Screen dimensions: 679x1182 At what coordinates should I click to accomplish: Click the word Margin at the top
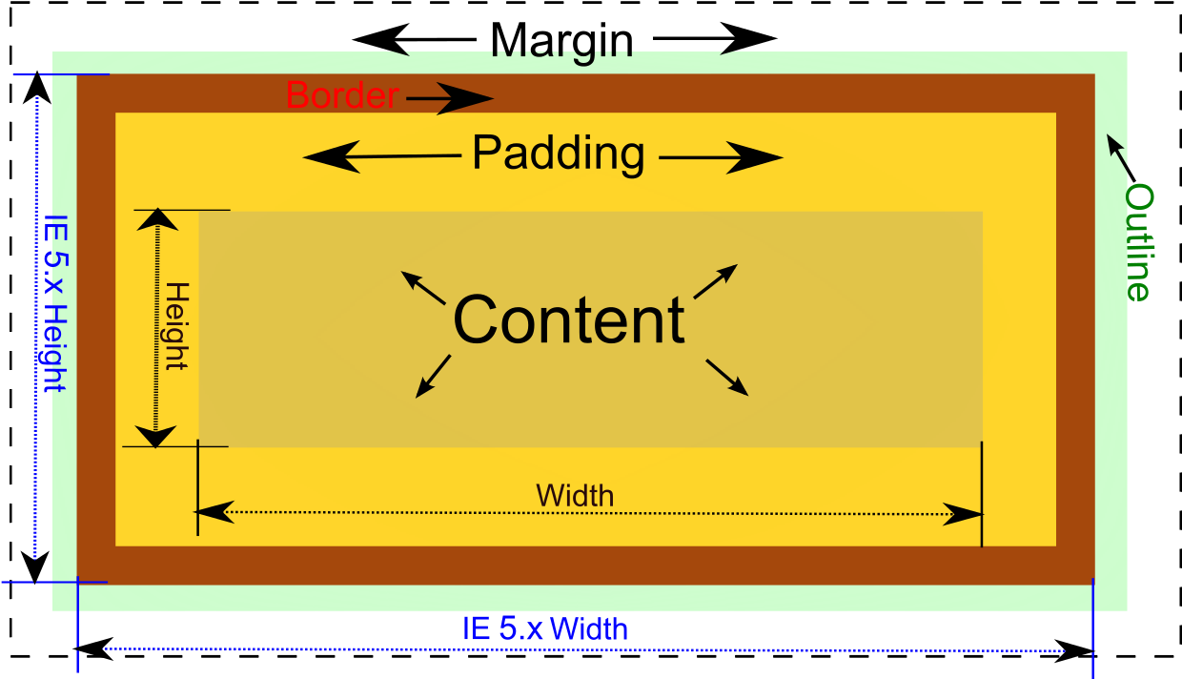tap(561, 41)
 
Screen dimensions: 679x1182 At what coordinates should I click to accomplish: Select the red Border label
tap(341, 95)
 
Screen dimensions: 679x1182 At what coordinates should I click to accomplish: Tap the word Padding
tap(559, 153)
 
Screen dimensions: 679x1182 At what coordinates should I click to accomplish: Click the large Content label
tap(569, 319)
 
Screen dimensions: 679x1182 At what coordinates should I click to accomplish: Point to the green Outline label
tap(1138, 242)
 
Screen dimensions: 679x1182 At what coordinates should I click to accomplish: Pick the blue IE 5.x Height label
tap(53, 302)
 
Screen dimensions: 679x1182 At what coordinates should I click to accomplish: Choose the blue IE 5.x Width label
tap(545, 629)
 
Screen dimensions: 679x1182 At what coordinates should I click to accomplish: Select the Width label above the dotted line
tap(575, 496)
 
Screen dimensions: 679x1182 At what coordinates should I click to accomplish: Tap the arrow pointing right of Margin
tap(715, 40)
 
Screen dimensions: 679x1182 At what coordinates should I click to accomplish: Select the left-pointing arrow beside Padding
tap(381, 156)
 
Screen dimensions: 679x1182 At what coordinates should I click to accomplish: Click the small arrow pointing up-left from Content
tap(422, 287)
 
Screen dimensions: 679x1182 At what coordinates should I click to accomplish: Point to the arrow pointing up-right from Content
tap(716, 281)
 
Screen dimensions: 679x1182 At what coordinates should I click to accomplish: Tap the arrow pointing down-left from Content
tap(433, 376)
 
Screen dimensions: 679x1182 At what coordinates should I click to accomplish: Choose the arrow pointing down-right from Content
tap(727, 377)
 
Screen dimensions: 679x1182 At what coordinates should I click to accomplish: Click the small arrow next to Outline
tap(1120, 156)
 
